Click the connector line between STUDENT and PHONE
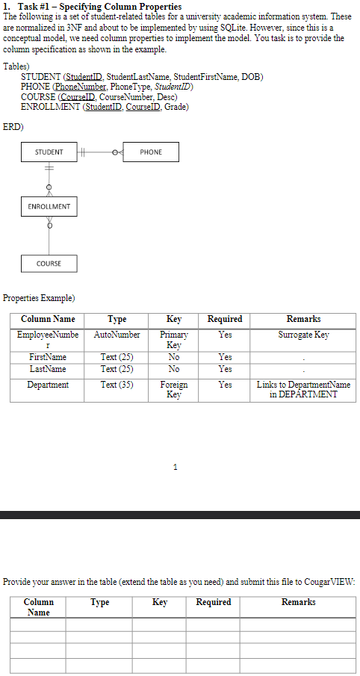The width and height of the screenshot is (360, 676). tap(100, 152)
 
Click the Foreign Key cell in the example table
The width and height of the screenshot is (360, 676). tap(173, 390)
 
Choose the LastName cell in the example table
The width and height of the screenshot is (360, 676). tap(47, 370)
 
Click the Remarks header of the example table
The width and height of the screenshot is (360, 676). tap(303, 319)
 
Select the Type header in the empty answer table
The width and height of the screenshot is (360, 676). tap(99, 602)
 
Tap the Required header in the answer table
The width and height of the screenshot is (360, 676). tap(214, 602)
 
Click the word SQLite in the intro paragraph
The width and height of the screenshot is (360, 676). tap(255, 28)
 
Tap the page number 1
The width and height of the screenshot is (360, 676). tap(175, 467)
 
